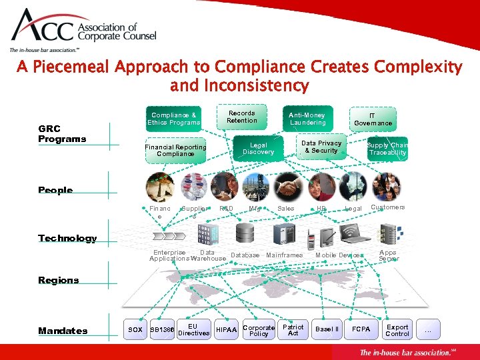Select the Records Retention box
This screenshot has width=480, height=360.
coord(241,117)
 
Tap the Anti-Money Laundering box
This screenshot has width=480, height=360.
coord(307,119)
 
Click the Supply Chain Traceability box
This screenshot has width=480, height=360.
coord(387,149)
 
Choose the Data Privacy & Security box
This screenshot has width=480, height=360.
coord(321,147)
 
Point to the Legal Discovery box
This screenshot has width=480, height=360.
coord(258,148)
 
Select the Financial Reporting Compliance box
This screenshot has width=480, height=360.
coord(176,150)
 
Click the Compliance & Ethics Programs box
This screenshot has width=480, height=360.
coord(174,119)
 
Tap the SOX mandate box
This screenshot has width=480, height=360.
coord(135,329)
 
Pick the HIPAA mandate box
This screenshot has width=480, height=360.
coord(227,329)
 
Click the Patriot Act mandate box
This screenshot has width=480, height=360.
coord(293,330)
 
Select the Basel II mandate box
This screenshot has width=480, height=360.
coord(327,329)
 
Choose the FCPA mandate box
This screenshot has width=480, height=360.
coord(361,329)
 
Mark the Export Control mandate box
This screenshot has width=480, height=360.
coord(397,330)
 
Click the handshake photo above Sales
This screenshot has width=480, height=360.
coord(289,187)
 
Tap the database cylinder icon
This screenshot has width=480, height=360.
coord(245,233)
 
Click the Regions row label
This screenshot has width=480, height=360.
coord(59,280)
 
